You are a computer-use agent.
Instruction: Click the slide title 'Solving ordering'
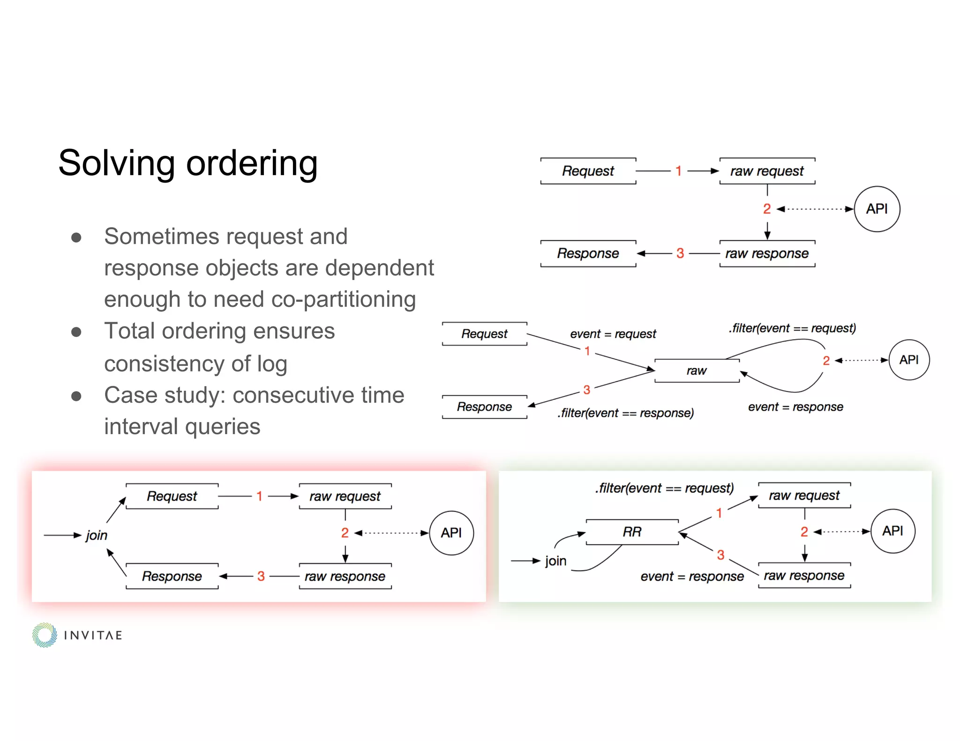187,163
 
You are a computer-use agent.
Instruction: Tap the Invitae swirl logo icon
45,635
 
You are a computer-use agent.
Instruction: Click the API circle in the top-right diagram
877,209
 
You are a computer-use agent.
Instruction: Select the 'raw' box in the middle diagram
697,371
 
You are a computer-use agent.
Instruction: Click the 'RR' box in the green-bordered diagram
632,532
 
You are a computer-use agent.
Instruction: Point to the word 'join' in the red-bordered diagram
97,535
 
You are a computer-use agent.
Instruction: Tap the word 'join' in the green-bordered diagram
555,561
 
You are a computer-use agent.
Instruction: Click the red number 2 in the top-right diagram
767,209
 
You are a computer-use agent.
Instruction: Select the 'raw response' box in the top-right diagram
767,254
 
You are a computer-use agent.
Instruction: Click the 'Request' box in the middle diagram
484,334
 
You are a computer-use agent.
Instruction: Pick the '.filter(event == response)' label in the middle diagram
625,413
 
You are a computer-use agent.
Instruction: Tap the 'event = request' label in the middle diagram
613,334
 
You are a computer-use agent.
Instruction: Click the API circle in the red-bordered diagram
451,533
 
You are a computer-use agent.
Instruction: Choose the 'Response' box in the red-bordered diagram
172,576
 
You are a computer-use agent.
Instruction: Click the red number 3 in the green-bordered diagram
720,556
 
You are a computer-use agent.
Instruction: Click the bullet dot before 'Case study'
76,396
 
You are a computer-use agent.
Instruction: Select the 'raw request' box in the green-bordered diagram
804,496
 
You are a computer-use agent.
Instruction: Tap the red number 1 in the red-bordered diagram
259,496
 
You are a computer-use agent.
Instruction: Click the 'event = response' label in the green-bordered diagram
692,577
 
